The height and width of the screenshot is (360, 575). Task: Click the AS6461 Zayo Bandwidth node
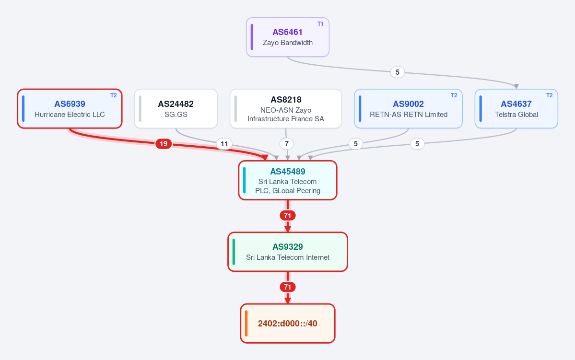point(288,37)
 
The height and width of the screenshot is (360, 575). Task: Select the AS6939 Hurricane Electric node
point(70,109)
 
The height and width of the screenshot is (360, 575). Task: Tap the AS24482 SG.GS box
point(176,109)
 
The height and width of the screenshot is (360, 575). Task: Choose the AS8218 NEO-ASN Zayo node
point(286,109)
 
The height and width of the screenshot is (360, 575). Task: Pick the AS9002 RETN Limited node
point(408,109)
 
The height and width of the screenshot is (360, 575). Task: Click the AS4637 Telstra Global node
point(516,109)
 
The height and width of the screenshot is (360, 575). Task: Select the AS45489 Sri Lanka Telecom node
point(288,180)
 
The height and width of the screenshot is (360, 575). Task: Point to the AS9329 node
point(288,252)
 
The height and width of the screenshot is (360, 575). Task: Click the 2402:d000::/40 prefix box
point(288,324)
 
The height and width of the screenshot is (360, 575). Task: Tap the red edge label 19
point(164,144)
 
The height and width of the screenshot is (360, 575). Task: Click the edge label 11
point(224,144)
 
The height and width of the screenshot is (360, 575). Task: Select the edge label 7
point(286,144)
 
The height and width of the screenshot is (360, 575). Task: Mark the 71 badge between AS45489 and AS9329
point(288,216)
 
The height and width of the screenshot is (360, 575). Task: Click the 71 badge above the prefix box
point(288,287)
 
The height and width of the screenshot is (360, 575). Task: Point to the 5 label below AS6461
point(398,72)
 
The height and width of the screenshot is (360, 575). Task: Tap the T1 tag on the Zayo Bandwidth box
point(320,24)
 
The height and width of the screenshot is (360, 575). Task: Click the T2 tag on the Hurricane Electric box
point(113,95)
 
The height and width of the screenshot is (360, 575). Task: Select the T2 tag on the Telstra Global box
point(549,95)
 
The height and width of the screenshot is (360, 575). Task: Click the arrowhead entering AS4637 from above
point(516,86)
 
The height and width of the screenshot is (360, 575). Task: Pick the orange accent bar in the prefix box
point(246,324)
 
